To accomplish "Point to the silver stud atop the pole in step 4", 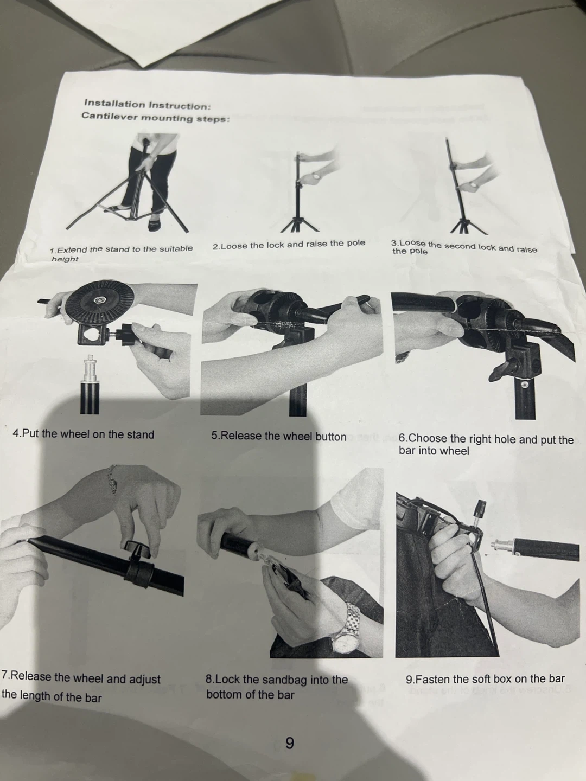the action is click(91, 368).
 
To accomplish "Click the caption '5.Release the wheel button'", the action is click(278, 437).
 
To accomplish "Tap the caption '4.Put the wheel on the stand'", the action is click(83, 434).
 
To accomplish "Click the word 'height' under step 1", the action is click(65, 259).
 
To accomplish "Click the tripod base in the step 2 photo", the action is click(300, 223).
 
